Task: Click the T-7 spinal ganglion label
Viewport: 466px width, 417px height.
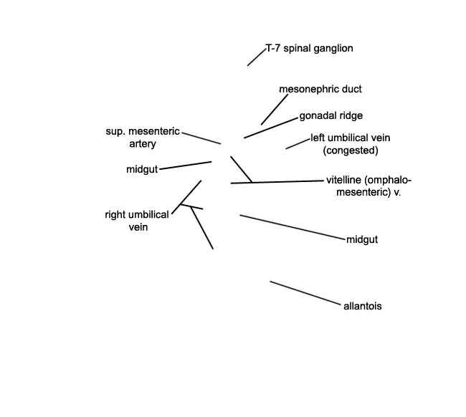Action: pos(309,49)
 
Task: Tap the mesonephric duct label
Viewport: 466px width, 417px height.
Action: pos(320,90)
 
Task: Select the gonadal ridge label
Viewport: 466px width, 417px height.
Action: pos(331,115)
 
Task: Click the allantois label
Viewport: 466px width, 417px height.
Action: pos(363,306)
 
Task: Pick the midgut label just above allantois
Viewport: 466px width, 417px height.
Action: pos(362,239)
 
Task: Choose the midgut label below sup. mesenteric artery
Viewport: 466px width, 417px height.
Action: pos(141,169)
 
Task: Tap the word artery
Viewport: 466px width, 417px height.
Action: pos(143,144)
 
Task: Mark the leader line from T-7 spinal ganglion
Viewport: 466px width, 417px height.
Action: pos(256,57)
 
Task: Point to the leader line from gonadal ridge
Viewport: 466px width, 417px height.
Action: pos(271,127)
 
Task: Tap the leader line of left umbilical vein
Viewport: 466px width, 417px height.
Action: pos(298,143)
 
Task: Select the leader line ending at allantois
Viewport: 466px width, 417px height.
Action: pos(306,293)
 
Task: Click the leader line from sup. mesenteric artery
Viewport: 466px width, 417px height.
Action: pos(201,138)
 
